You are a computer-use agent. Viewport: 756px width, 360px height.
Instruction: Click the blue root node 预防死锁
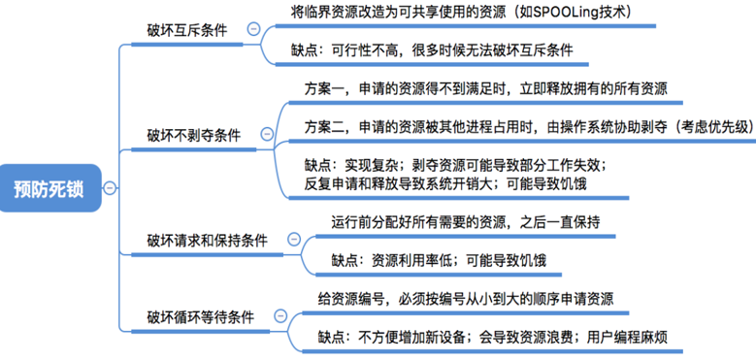pyautogui.click(x=49, y=188)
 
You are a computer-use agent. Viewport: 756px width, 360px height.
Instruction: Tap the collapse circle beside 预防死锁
pyautogui.click(x=109, y=188)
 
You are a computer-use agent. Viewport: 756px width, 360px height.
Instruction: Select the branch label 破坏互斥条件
pyautogui.click(x=187, y=30)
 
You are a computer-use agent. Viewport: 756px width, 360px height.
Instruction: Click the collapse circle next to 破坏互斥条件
pyautogui.click(x=254, y=30)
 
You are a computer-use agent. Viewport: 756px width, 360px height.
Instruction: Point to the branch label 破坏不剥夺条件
pyautogui.click(x=194, y=135)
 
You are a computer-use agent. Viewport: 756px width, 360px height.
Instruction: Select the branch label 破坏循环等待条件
pyautogui.click(x=201, y=316)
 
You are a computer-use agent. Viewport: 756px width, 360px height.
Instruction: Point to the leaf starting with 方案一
pyautogui.click(x=485, y=88)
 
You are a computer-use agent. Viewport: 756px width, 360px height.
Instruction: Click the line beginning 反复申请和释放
pyautogui.click(x=445, y=181)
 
